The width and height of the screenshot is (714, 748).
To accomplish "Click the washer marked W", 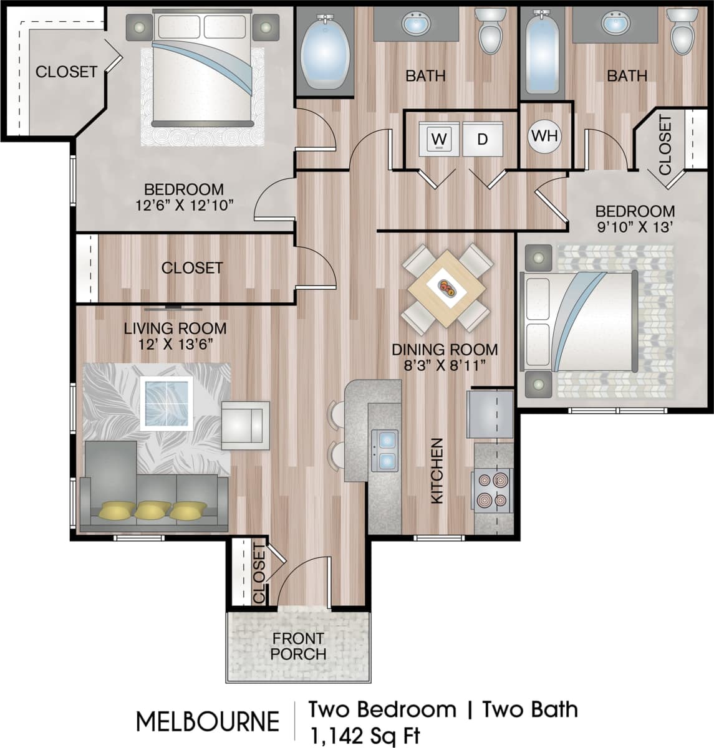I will [x=439, y=139].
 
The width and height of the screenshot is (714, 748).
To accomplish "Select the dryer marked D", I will [x=482, y=139].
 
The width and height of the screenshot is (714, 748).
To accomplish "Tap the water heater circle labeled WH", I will [x=545, y=135].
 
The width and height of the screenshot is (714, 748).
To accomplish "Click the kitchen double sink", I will [x=385, y=450].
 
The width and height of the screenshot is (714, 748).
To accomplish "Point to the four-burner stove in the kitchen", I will [x=493, y=490].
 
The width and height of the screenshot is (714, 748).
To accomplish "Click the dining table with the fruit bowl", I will [x=447, y=288].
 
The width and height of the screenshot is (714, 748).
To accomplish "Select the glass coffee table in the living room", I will [x=165, y=403].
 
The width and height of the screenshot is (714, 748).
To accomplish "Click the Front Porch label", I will [x=298, y=646].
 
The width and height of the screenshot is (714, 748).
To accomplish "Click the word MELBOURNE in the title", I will [x=208, y=722].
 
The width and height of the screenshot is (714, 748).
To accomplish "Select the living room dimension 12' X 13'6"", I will [x=175, y=344].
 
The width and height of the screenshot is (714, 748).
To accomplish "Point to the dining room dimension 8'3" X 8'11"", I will [x=445, y=365].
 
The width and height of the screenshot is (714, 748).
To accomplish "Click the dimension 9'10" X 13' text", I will [x=634, y=227].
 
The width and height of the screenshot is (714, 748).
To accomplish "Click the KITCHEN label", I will [x=437, y=471].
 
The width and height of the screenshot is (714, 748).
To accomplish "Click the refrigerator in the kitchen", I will [x=490, y=413].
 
